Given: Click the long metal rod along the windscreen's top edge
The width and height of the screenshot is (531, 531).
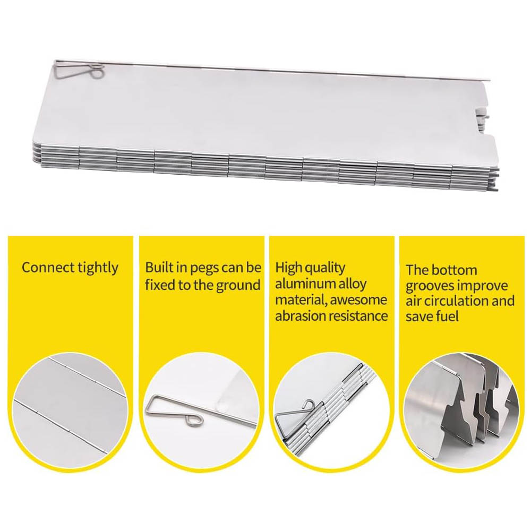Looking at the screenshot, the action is (x=273, y=71).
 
